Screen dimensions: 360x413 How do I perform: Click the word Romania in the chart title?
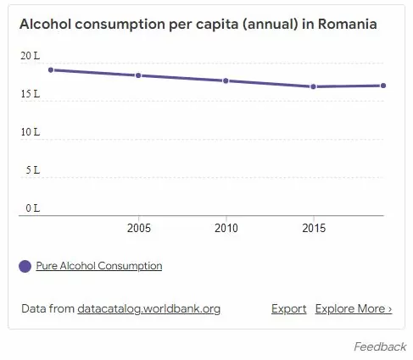click(348, 25)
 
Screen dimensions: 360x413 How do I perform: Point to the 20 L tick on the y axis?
click(30, 56)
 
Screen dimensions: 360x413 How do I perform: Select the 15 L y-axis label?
click(30, 94)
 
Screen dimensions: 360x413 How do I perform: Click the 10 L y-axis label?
click(30, 132)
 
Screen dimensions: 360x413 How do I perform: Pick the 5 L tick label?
click(32, 170)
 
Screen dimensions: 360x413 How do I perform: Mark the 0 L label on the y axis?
click(32, 208)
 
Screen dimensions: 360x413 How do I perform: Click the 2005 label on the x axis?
click(138, 229)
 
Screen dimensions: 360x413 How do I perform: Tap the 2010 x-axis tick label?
click(226, 229)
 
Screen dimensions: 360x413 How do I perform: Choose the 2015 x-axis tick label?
click(313, 229)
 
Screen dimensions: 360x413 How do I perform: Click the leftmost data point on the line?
click(51, 69)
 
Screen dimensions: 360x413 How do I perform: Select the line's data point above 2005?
click(138, 75)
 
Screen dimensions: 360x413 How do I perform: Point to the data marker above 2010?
click(226, 80)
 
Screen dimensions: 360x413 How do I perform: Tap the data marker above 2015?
click(313, 86)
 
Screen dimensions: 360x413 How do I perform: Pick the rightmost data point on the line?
click(383, 86)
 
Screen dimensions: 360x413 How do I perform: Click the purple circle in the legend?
click(25, 266)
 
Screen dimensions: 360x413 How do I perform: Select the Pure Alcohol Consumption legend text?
click(98, 266)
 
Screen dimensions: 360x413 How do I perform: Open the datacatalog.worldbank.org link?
click(148, 309)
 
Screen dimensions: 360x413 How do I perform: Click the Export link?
click(288, 309)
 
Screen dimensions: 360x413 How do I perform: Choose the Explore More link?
click(353, 309)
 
